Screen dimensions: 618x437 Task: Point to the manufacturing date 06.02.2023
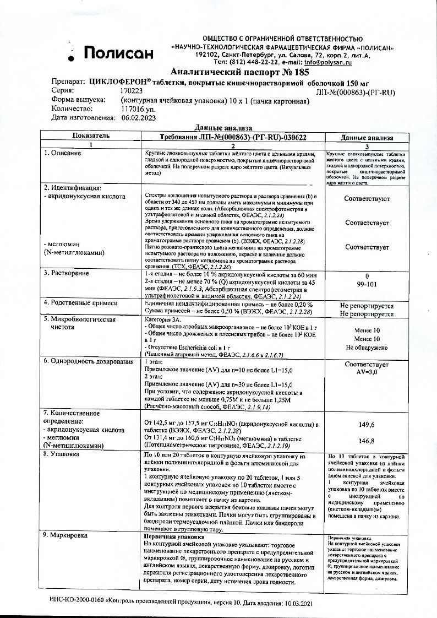139,118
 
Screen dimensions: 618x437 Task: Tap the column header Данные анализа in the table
367,137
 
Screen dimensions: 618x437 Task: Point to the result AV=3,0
367,372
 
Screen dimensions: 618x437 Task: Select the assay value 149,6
367,425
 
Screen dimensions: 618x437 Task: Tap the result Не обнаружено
367,348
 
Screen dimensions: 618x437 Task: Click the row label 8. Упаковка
65,455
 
